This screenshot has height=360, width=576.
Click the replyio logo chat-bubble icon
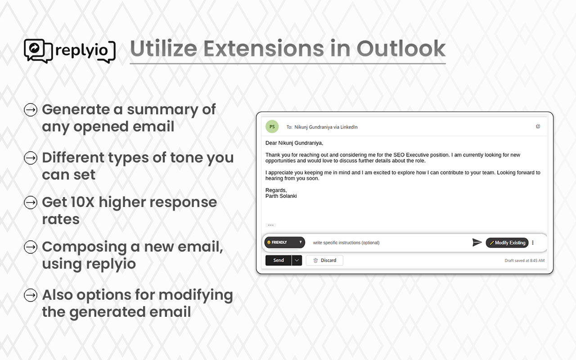pos(38,51)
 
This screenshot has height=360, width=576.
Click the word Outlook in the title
pos(401,49)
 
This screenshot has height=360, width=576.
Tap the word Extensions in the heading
pos(264,49)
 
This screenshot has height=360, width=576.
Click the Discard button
pos(324,260)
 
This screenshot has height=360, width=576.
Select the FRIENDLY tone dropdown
pos(285,242)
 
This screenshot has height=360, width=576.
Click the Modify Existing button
pos(507,243)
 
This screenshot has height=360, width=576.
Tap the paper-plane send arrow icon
pos(477,242)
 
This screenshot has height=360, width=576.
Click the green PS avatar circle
pos(272,126)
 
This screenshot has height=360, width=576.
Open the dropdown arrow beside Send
pos(297,260)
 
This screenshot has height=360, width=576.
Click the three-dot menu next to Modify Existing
pos(533,243)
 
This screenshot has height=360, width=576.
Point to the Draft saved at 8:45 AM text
pos(525,261)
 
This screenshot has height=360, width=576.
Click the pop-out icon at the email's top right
pos(538,126)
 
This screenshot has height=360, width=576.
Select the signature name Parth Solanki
pos(281,196)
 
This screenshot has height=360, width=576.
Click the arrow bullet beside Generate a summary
pos(31,110)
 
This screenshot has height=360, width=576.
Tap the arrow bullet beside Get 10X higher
pos(31,202)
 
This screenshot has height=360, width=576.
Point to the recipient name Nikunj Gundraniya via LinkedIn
pos(326,127)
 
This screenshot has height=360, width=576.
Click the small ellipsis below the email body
pos(271,225)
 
